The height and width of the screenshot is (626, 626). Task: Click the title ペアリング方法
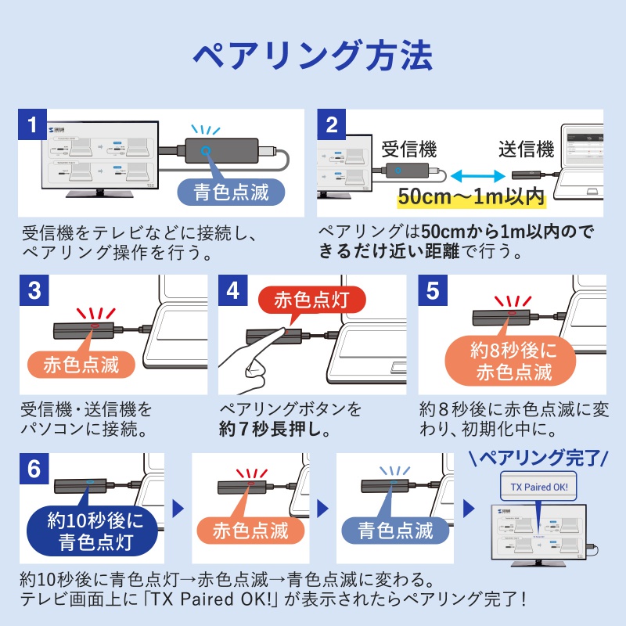(x=312, y=56)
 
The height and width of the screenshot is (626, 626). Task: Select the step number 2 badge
(x=333, y=126)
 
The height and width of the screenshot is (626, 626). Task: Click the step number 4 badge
(x=232, y=291)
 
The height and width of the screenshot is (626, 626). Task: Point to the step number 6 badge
(x=33, y=469)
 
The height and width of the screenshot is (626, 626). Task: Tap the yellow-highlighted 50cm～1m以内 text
(x=470, y=196)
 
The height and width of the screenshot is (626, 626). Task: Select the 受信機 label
(x=409, y=149)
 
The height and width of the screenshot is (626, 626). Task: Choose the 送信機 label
(x=527, y=149)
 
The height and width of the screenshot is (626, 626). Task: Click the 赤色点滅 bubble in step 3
(x=81, y=365)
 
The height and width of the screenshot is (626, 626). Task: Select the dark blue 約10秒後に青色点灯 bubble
(x=94, y=531)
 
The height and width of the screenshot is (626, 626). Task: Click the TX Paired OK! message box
(x=536, y=486)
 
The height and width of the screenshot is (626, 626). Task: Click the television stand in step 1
(x=99, y=192)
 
